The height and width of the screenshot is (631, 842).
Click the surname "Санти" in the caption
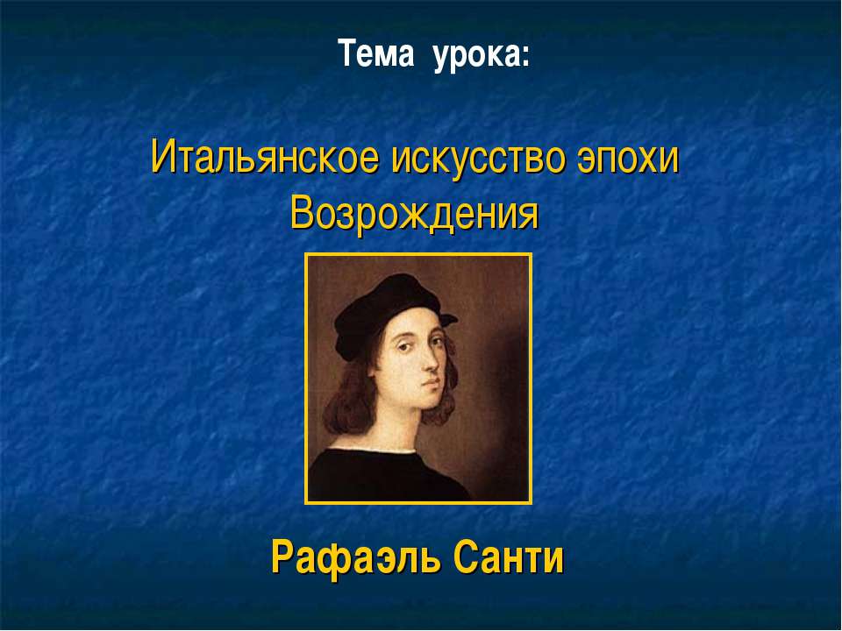[509, 557]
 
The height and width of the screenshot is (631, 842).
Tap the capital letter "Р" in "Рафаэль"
[282, 557]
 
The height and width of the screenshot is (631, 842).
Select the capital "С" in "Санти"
[466, 557]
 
